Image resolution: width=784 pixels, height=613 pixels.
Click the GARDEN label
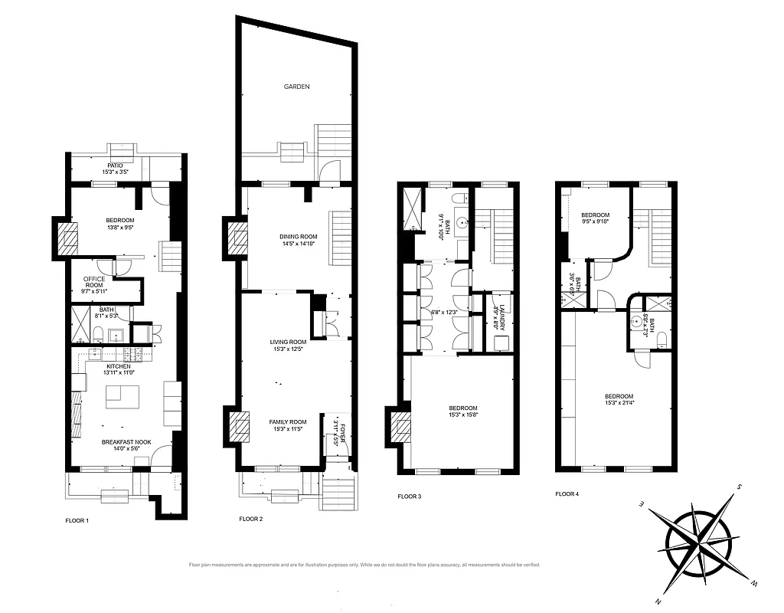point(296,87)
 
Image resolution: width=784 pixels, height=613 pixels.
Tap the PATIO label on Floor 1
point(115,165)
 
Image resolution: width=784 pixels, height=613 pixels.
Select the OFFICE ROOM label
point(95,278)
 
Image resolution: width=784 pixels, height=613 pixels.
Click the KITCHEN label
point(119,367)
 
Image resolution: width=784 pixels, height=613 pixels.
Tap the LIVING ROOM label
point(288,342)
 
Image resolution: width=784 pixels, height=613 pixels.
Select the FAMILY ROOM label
point(288,421)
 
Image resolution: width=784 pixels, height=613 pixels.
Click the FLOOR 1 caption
point(77,520)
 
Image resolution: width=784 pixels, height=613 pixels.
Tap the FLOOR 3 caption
point(410,497)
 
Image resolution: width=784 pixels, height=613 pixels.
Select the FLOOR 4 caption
point(567,494)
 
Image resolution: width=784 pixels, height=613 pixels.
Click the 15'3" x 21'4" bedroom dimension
point(619,402)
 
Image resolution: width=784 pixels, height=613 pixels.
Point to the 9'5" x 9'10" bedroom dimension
point(596,222)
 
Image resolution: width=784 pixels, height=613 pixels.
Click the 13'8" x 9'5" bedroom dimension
point(119,228)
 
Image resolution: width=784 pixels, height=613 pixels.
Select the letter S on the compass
point(740,487)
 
